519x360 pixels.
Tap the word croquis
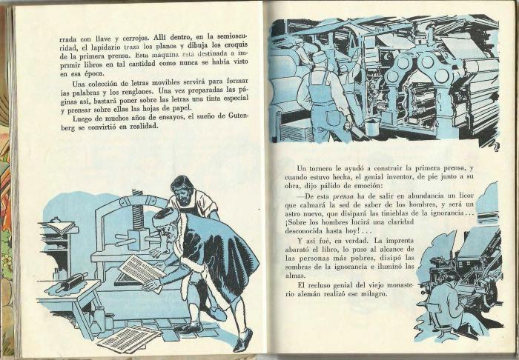pyautogui.click(x=236, y=44)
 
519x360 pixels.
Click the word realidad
pyautogui.click(x=144, y=127)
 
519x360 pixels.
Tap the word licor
pyautogui.click(x=465, y=196)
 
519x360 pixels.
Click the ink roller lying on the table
pyautogui.click(x=72, y=281)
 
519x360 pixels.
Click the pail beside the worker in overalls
pyautogui.click(x=371, y=127)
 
